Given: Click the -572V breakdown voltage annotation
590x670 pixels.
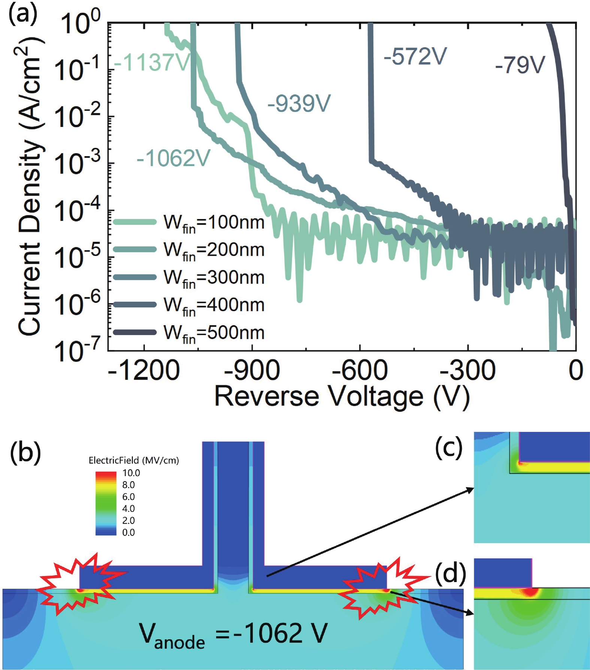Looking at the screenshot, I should coord(415,57).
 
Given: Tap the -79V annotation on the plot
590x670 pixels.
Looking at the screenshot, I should coord(520,65).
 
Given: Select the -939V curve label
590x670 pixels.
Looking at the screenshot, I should coord(299,103).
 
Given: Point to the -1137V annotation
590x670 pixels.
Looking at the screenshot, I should coord(152,62).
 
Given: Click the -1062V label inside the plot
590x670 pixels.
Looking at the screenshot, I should coord(173,158).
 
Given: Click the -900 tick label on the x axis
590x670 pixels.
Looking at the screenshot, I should coord(252,371).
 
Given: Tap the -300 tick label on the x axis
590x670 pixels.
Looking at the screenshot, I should coord(468,371).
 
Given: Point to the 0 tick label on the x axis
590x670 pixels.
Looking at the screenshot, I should coord(575,371).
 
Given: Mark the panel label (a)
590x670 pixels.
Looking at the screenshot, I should coord(23,15).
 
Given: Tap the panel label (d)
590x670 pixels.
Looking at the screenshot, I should coord(450,574).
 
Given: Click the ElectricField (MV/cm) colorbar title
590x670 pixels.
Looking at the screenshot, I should coord(134,460).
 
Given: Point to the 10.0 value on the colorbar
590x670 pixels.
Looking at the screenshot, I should coord(131,473).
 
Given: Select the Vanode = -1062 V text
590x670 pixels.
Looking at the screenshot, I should coord(233,634).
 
